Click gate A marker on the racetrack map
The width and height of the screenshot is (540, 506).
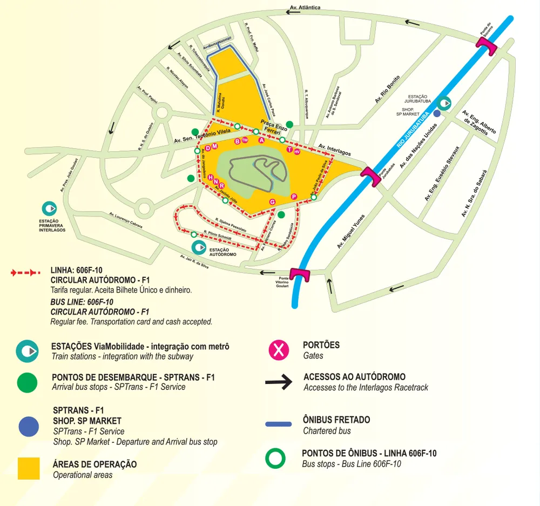click(261, 140)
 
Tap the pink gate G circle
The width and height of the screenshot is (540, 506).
click(272, 201)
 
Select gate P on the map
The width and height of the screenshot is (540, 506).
click(294, 196)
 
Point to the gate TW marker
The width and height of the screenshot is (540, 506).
click(245, 140)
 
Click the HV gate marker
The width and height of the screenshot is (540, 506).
click(296, 152)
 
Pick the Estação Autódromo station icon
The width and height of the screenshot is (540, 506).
click(199, 248)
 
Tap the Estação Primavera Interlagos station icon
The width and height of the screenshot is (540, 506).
click(49, 208)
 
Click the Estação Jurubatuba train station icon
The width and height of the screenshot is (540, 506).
click(444, 103)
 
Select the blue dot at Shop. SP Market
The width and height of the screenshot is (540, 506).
click(436, 113)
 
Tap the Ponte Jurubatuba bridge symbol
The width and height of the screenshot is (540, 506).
click(371, 176)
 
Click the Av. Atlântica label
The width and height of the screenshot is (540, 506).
click(305, 8)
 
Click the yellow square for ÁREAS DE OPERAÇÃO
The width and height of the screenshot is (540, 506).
click(28, 468)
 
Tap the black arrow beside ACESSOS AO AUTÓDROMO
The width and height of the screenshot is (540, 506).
click(279, 382)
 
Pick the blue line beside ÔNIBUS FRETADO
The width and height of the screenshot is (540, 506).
click(279, 424)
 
